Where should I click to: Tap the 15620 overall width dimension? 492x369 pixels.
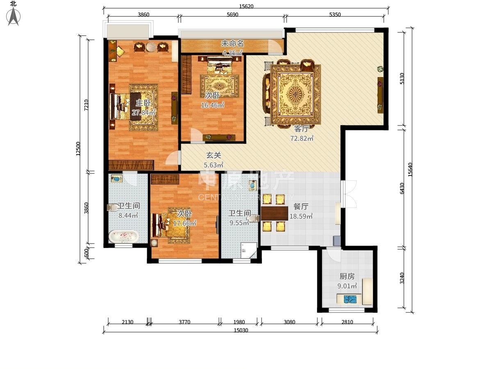(246, 6)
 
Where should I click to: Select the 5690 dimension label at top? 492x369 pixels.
(232, 15)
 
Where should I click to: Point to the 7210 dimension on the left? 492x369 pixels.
(86, 105)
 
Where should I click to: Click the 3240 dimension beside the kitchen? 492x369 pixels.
(402, 278)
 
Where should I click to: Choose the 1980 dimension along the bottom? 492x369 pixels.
(239, 322)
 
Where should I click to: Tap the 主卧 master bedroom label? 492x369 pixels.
(143, 103)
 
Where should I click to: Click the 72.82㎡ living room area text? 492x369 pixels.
(302, 139)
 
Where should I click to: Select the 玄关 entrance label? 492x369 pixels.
(214, 155)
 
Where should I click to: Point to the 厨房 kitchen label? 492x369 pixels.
(347, 276)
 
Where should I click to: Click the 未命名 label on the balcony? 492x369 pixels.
(232, 43)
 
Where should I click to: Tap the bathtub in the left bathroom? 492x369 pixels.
(123, 236)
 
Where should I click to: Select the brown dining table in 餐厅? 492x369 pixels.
(275, 213)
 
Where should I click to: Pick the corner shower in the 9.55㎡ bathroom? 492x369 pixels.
(249, 251)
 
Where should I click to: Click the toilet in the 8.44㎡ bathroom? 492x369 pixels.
(112, 207)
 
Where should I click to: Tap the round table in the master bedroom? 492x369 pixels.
(151, 47)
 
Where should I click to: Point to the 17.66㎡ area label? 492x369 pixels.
(184, 223)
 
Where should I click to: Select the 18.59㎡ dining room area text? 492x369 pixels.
(301, 216)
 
